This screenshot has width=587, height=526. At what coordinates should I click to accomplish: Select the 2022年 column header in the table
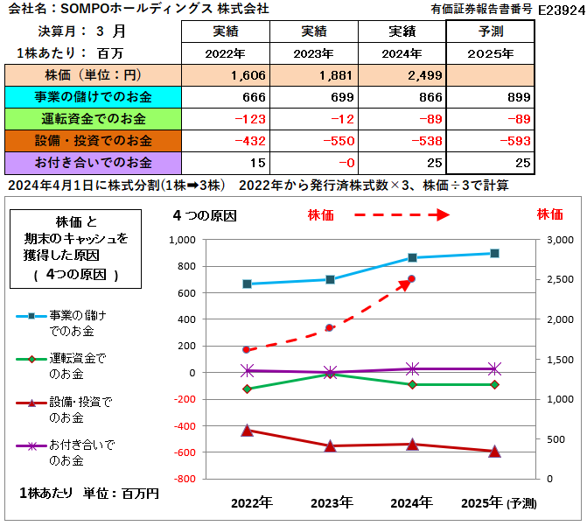pyautogui.click(x=226, y=53)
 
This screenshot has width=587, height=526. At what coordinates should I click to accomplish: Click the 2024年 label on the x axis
pyautogui.click(x=411, y=502)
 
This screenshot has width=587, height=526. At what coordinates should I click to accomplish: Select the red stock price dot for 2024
pyautogui.click(x=411, y=279)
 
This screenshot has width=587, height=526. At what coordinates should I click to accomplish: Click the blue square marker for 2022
pyautogui.click(x=248, y=284)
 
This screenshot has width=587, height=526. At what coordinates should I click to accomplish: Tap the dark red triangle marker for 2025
pyautogui.click(x=494, y=452)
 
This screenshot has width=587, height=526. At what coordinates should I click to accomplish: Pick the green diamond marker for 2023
pyautogui.click(x=330, y=374)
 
